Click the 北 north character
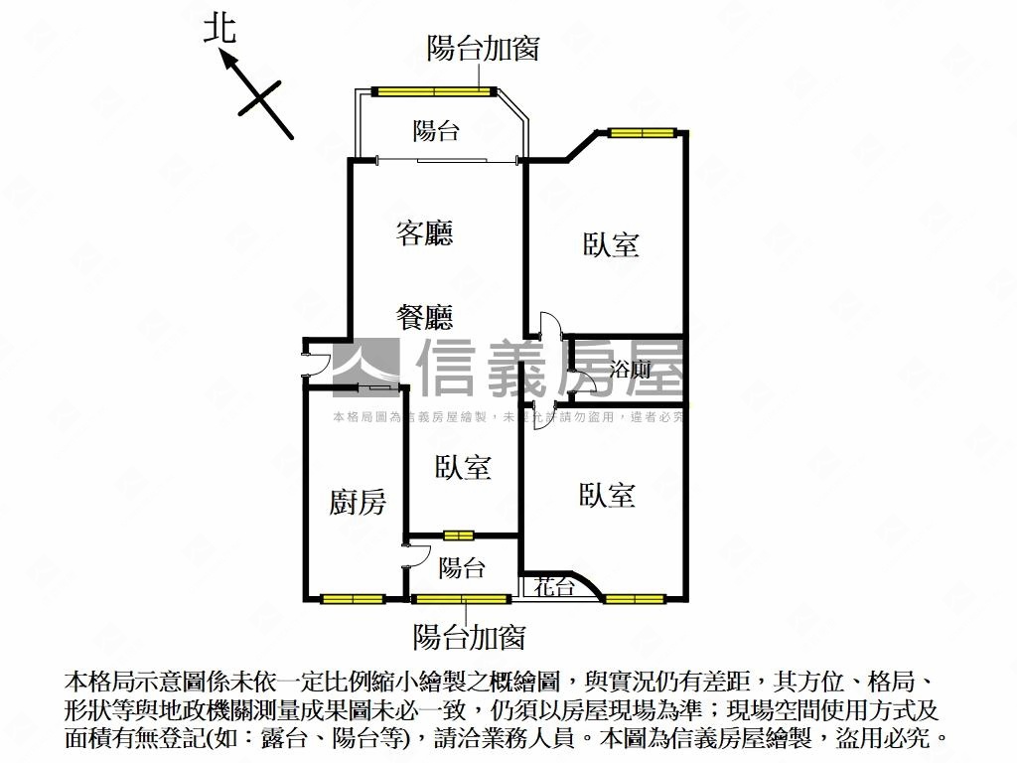click(x=219, y=28)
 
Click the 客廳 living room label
click(x=424, y=233)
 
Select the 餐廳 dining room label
click(x=424, y=318)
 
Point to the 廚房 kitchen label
click(x=358, y=503)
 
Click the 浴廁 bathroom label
click(x=631, y=371)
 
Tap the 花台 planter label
click(x=554, y=587)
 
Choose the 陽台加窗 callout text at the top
click(x=483, y=49)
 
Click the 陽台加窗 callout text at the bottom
click(x=469, y=637)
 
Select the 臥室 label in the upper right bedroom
click(x=611, y=244)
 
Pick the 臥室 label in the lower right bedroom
click(x=607, y=495)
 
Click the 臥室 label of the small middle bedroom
click(x=463, y=467)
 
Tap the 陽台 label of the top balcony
click(x=436, y=130)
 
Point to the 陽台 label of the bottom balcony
click(x=462, y=568)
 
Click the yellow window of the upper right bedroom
click(x=643, y=133)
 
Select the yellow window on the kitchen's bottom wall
click(x=353, y=598)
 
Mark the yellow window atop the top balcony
click(x=434, y=92)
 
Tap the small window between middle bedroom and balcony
click(x=458, y=536)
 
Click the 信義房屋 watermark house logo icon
click(x=364, y=367)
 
